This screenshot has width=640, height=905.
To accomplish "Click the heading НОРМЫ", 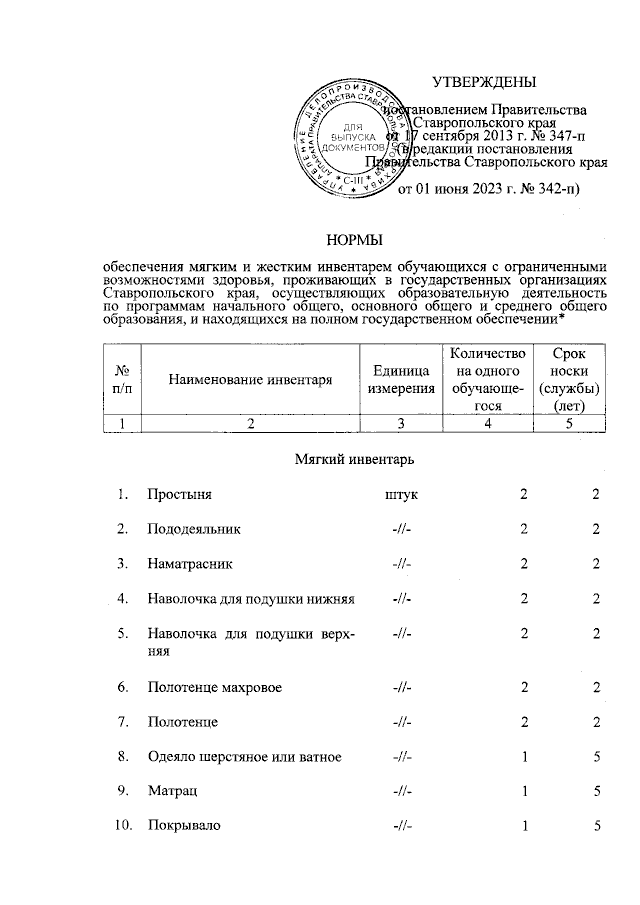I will point(356,237).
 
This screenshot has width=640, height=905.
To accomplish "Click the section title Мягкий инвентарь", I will point(356,459).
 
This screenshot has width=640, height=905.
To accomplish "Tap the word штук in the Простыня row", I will point(402,494).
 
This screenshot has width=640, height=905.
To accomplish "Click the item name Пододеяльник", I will point(193,528).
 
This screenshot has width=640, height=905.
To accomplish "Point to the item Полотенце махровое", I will point(214,688).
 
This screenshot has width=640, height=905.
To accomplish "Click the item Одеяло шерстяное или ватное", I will point(244,757).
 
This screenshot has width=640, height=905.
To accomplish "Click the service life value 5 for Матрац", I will point(596,791).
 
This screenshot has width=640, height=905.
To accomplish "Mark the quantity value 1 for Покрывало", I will point(522,826).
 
